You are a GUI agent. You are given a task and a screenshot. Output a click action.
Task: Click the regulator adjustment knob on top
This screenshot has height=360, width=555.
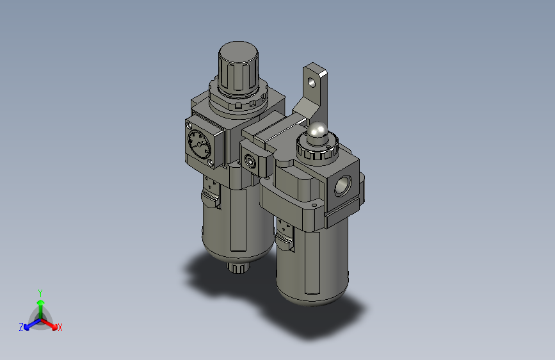coord(238,69)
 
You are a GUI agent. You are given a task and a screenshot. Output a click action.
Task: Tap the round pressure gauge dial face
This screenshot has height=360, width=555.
coord(199,143)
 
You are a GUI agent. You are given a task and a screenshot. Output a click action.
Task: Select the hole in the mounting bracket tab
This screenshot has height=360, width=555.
coord(312,83)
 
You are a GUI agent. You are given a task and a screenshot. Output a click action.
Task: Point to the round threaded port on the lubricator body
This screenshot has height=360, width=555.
coord(342,186)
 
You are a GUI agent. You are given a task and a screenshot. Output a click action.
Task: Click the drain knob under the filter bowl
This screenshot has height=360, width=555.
coord(239,268)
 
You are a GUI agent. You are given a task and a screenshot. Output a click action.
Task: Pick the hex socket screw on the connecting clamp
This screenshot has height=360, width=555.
coord(250,161)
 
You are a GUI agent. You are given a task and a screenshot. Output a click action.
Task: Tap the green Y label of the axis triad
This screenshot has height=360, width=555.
coord(40,293)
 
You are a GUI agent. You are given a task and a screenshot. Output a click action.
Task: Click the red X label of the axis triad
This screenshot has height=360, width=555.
coord(60,328)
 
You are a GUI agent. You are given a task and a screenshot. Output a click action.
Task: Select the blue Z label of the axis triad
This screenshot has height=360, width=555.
coord(21,327)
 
